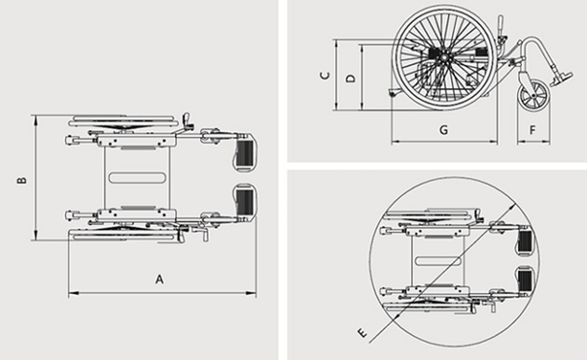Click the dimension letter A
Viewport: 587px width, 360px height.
click(x=160, y=280)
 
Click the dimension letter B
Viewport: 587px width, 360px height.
click(x=22, y=180)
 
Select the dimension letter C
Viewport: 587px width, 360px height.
click(x=326, y=76)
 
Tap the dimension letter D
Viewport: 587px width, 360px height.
click(x=350, y=79)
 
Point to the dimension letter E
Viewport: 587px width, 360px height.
click(x=362, y=332)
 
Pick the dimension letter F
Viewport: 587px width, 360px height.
click(x=532, y=130)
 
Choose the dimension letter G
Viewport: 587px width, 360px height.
click(x=443, y=130)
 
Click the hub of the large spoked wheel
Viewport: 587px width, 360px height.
click(x=443, y=57)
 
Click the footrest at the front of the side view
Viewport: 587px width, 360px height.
click(x=561, y=78)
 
